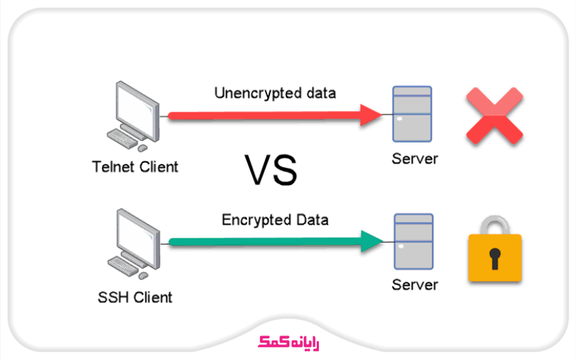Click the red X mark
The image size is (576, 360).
[x=494, y=116]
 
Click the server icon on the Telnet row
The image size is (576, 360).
[x=413, y=114]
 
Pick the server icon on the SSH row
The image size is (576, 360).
[x=413, y=240]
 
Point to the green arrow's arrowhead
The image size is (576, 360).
[x=371, y=242]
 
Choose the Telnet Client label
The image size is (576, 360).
[x=135, y=167]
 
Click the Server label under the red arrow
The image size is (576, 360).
[x=414, y=158]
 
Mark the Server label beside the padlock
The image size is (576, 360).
[x=414, y=285]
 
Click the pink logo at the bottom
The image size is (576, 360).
[x=287, y=340]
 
